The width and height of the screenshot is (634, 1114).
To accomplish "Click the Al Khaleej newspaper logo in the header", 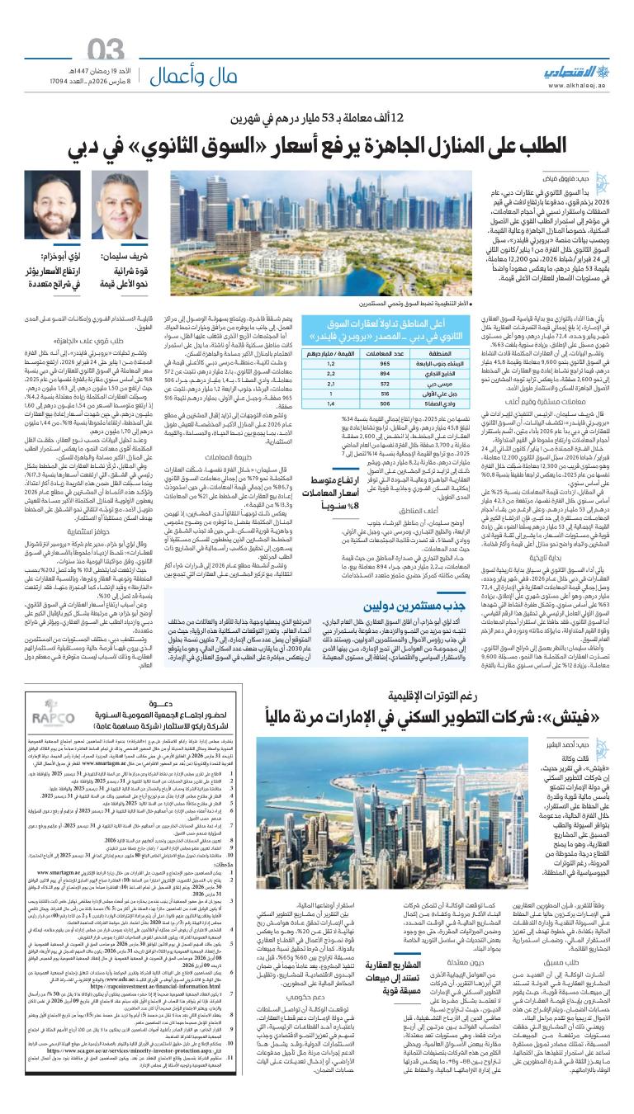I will (x=569, y=73).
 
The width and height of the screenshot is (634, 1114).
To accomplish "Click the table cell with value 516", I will (x=385, y=394).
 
